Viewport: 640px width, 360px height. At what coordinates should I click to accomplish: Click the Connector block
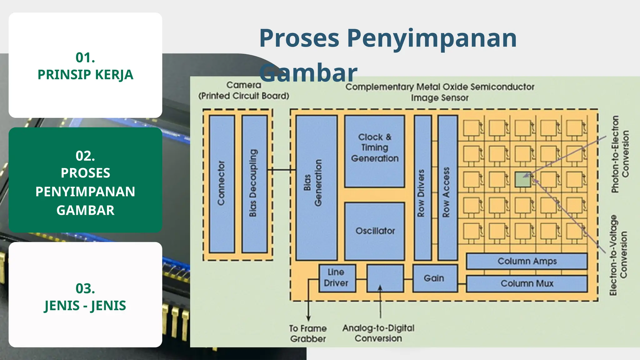pos(222,184)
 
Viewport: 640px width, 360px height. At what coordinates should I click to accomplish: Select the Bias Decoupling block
pos(254,184)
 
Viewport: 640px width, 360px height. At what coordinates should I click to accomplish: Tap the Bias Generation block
pos(316,187)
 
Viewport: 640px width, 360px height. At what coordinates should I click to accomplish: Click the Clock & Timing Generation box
pos(374,151)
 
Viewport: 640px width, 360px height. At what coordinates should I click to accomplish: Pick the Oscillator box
pos(374,231)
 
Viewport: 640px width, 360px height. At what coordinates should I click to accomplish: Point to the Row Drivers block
pos(422,187)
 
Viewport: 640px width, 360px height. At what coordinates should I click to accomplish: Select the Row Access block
pos(447,187)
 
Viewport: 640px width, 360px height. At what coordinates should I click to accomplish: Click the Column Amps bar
pos(527,261)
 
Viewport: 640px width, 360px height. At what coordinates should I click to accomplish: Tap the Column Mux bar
pos(527,283)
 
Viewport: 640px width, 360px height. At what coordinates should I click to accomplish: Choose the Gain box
pos(434,278)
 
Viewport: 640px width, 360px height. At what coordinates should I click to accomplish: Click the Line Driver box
pos(337,278)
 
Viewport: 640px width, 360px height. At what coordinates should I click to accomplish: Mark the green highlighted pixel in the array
pos(522,179)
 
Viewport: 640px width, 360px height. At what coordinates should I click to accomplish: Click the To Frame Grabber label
pos(308,333)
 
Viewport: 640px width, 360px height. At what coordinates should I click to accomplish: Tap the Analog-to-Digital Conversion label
pos(378,333)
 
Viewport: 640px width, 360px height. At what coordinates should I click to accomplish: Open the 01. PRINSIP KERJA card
pos(85,65)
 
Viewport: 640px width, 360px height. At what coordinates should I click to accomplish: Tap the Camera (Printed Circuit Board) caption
pos(244,90)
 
